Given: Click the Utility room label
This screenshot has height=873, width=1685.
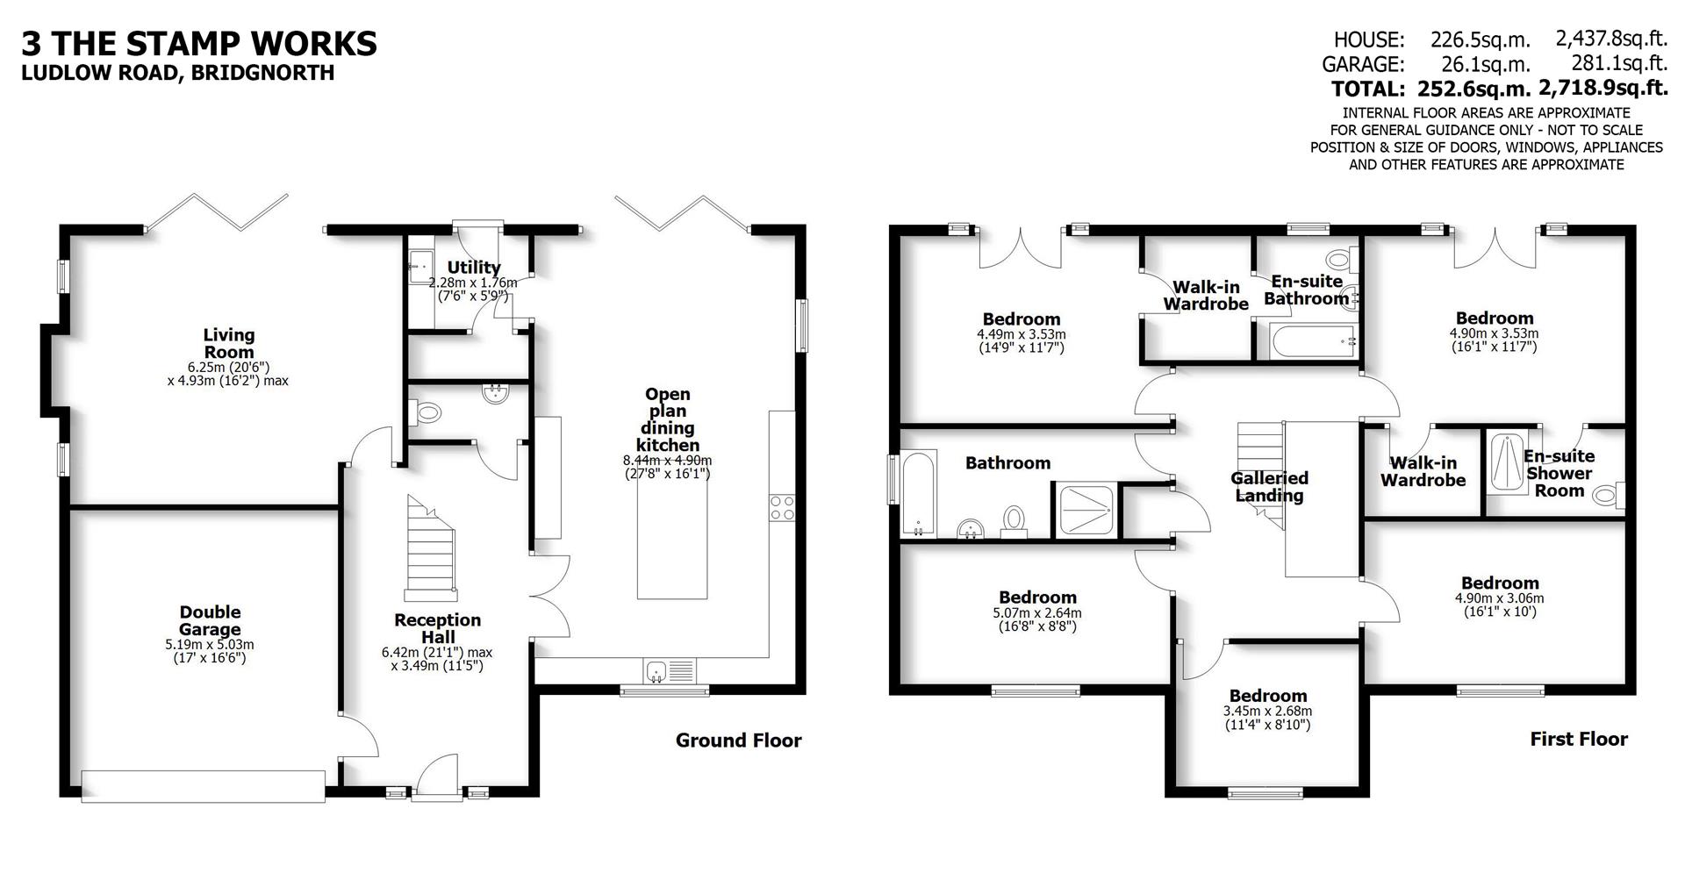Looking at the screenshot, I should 474,268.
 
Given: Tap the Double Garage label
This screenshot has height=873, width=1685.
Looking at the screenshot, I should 210,620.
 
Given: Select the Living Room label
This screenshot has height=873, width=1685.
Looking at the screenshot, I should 229,343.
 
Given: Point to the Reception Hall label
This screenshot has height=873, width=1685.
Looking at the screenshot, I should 437,628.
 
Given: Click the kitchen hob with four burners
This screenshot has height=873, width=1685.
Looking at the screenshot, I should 781,508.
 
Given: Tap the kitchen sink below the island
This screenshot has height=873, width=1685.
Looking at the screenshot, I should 656,672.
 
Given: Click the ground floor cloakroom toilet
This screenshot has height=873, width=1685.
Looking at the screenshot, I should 427,411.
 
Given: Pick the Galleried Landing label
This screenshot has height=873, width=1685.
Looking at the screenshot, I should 1269,486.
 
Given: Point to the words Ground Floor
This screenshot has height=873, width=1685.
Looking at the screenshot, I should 738,741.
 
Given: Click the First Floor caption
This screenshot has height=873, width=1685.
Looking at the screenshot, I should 1578,739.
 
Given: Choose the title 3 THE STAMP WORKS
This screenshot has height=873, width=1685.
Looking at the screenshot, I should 199,43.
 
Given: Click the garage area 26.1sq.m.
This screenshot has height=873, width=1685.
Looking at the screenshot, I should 1485,64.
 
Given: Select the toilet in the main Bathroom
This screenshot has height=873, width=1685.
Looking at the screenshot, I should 1014,519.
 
